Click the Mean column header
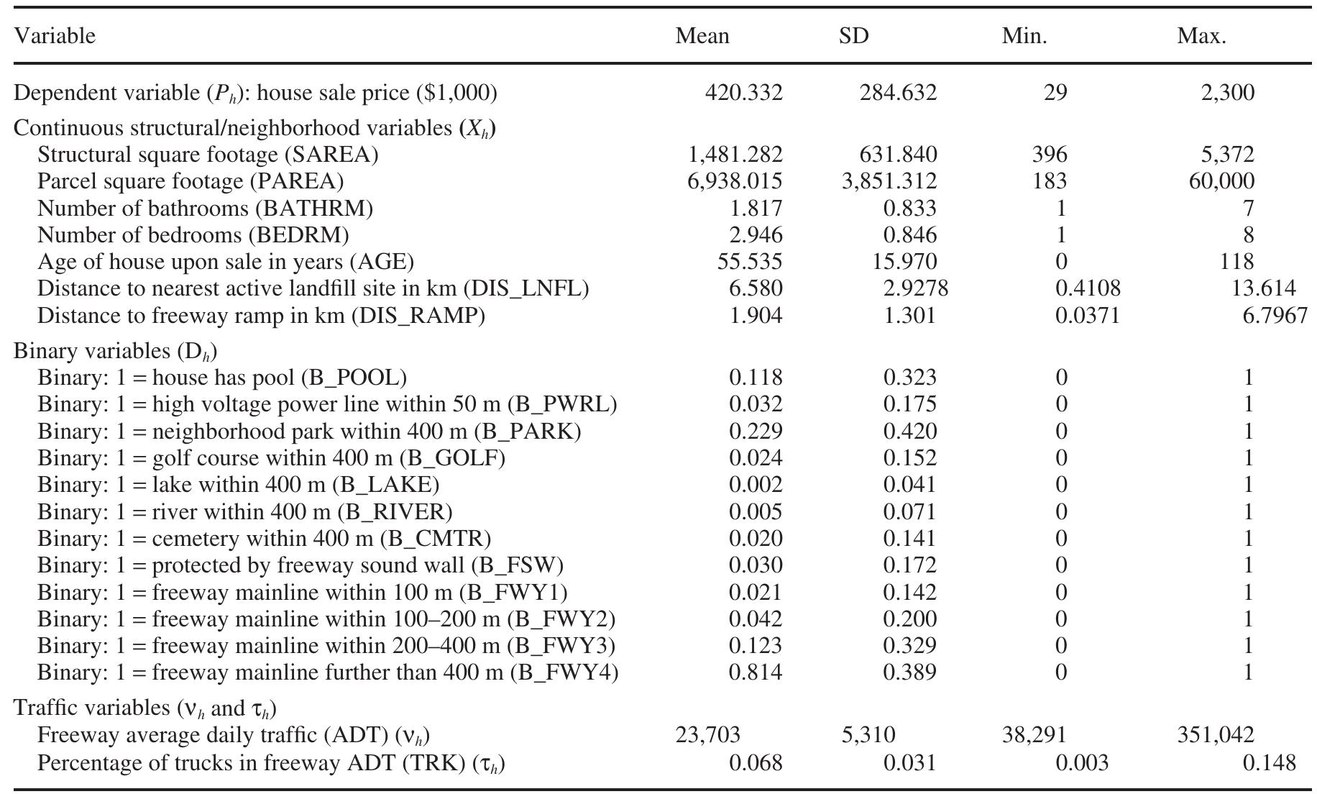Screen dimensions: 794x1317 (702, 36)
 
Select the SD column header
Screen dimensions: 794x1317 (853, 36)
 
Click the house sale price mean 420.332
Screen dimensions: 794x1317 (743, 93)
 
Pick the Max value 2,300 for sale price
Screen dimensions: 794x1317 (1227, 93)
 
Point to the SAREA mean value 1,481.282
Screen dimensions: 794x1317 (735, 155)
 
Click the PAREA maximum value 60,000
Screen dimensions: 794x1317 (1221, 181)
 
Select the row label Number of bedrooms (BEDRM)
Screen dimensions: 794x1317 (193, 235)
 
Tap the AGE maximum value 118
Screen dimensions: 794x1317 (1236, 262)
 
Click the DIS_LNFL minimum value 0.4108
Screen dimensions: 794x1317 (1087, 288)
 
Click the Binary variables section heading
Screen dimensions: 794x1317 (115, 351)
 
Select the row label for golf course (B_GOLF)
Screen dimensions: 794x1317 (271, 458)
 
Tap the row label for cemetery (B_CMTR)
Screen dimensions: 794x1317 (264, 539)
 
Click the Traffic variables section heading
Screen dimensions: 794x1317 (144, 708)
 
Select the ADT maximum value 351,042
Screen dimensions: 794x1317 (1215, 735)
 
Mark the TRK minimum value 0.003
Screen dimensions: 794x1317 (1081, 762)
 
